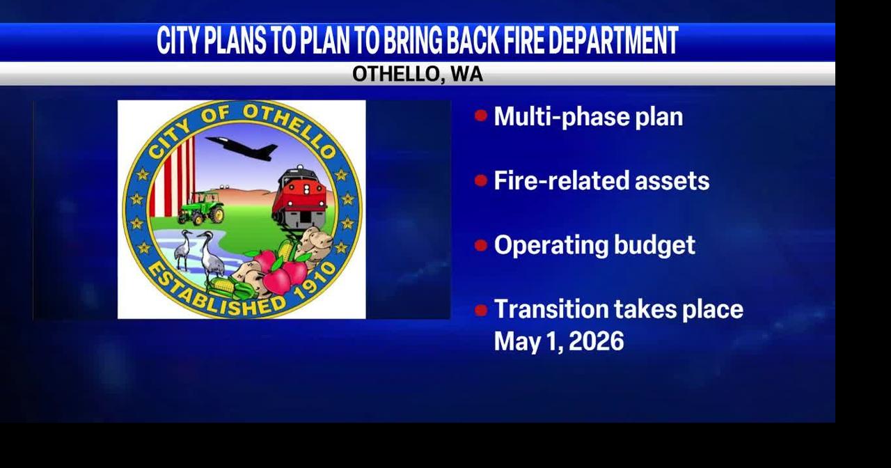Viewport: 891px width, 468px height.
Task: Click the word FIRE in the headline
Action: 523,40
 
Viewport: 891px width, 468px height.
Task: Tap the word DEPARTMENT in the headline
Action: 614,40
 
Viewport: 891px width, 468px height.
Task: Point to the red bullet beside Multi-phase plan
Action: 481,116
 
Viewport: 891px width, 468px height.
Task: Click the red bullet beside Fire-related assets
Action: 481,180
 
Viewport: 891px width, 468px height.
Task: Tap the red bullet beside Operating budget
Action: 481,245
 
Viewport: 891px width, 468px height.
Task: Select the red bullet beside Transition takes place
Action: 481,310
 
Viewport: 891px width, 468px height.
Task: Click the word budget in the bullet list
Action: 655,245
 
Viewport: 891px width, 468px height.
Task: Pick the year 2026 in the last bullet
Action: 597,341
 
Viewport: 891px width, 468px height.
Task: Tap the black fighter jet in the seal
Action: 242,148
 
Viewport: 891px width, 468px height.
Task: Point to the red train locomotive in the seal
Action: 300,197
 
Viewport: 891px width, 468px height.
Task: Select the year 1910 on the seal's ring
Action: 316,282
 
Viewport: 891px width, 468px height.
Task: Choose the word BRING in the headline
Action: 413,40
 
